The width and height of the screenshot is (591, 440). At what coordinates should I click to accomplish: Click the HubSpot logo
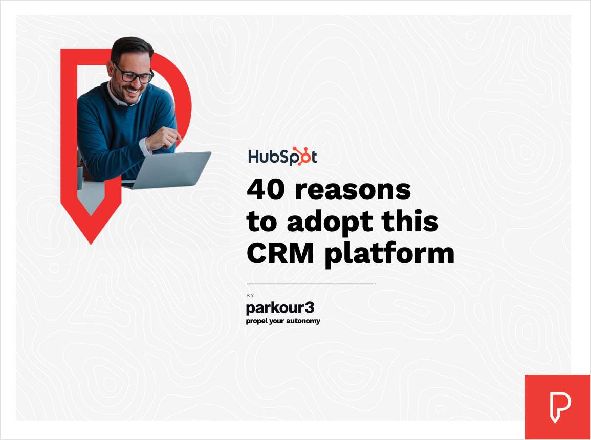tap(282, 156)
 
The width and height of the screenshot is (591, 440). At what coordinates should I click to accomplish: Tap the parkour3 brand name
tap(280, 308)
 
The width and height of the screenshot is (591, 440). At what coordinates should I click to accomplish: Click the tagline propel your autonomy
tap(283, 321)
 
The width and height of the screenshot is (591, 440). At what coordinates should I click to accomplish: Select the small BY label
tap(250, 295)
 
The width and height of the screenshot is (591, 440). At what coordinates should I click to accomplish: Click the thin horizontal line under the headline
tap(311, 284)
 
